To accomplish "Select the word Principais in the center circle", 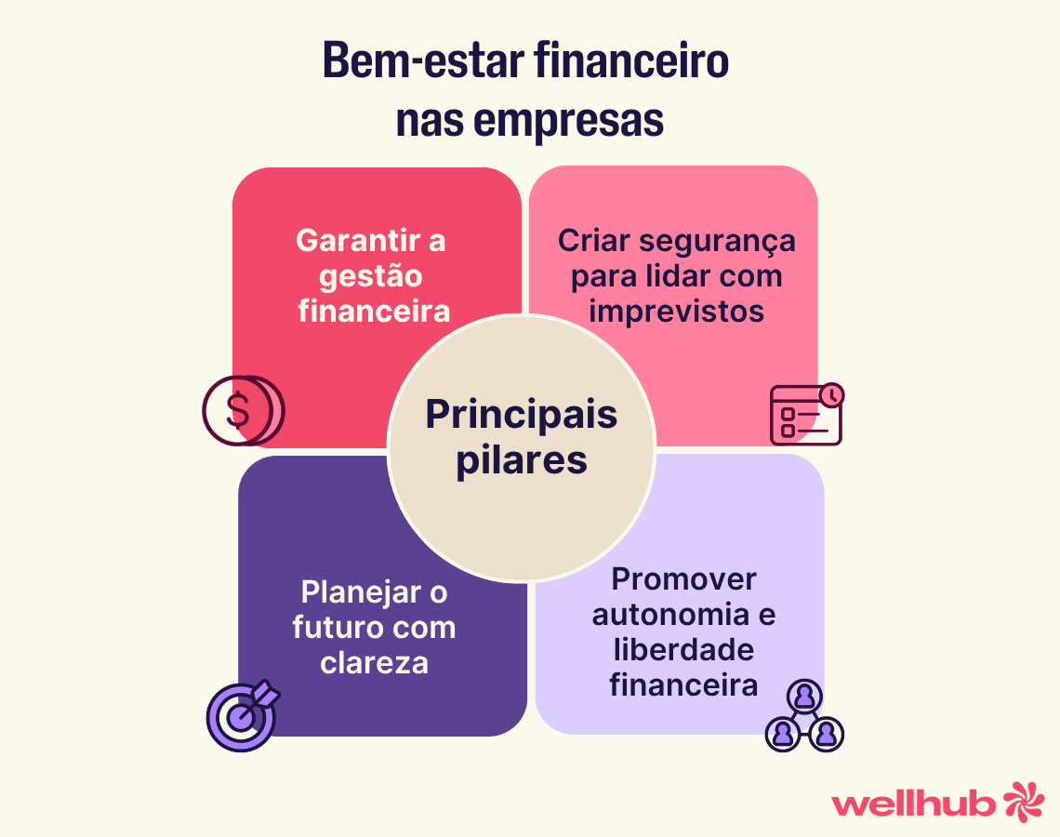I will (522, 415).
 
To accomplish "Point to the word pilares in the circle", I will (522, 459).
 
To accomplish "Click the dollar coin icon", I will (242, 410).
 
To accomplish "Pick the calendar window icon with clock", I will (805, 415).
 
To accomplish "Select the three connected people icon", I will (804, 716).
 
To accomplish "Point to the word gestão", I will (371, 276).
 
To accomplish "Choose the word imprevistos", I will (677, 311).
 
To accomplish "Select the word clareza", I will (374, 662).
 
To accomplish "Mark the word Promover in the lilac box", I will (683, 579).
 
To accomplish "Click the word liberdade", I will (683, 650).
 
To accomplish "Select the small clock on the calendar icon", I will (832, 394).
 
